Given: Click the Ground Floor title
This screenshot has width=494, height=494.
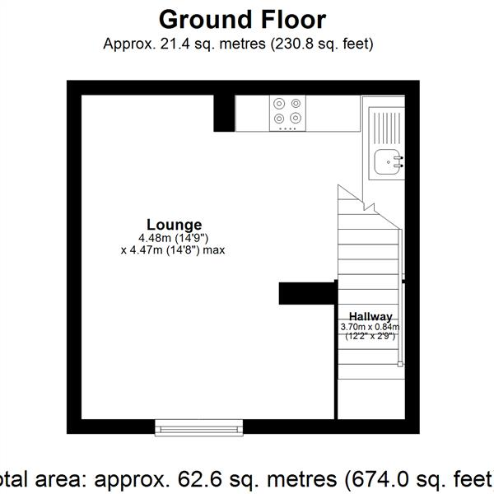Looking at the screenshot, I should coord(242,19).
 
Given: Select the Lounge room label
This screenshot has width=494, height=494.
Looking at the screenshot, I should coord(174,224).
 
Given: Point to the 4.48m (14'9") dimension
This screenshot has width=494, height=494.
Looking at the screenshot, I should coord(174,238).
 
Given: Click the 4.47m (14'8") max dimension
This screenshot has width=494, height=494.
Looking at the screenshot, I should coord(173,250).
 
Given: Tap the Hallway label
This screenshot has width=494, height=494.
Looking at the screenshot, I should coord(370,316).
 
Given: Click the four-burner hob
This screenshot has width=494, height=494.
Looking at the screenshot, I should coord(287,114).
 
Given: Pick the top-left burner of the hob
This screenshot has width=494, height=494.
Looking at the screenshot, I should coord(278,104).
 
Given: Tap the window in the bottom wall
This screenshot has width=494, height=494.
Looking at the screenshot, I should coord(199,426).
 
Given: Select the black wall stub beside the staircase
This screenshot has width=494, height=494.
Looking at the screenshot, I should coord(306,293).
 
